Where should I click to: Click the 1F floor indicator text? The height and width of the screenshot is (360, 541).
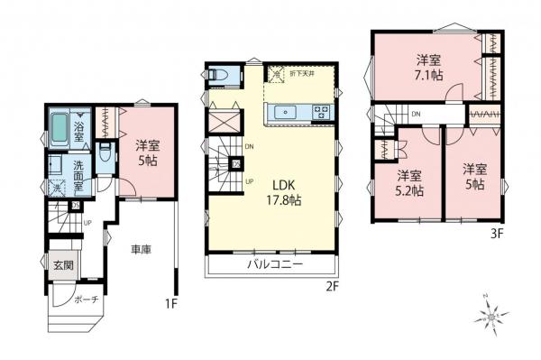tap(172, 303)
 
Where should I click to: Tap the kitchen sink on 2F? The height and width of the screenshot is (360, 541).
tap(285, 113)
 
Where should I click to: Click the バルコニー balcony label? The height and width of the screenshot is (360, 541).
tap(275, 265)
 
